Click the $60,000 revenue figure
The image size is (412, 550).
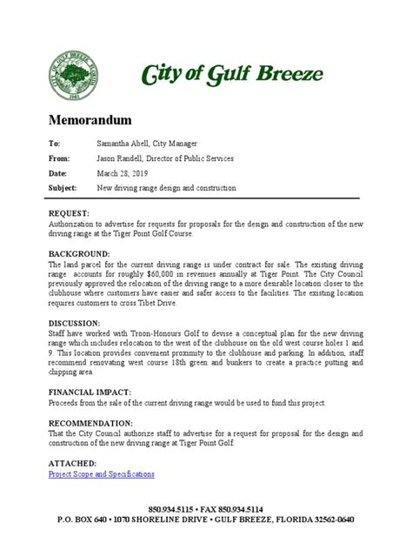pos(182,272)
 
